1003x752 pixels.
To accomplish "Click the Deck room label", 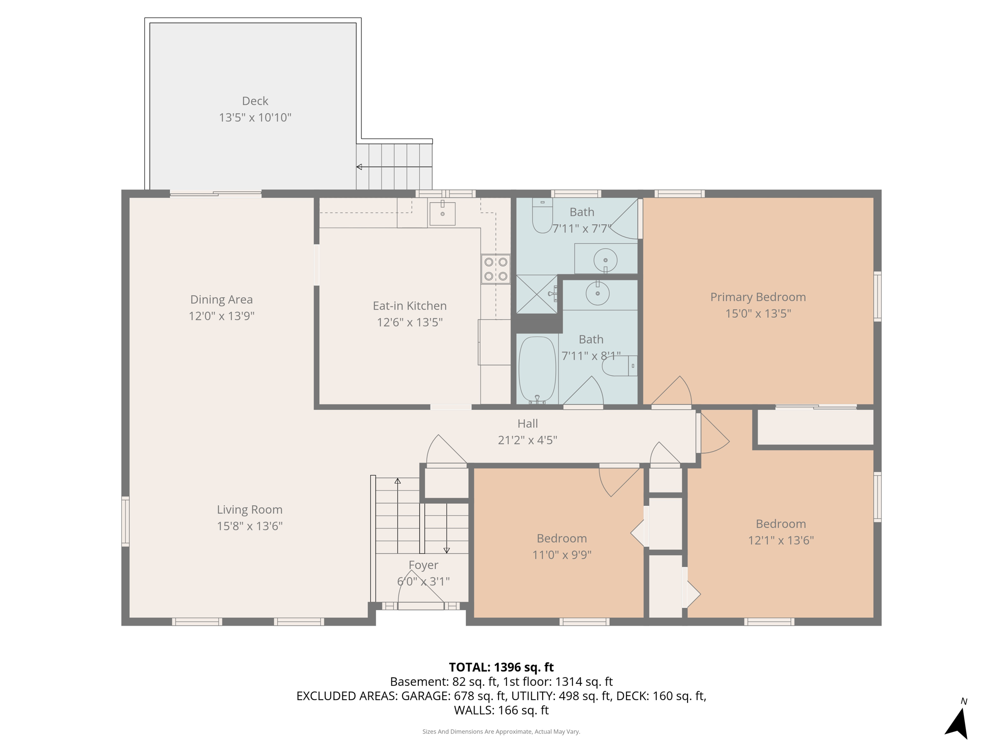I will (x=255, y=101).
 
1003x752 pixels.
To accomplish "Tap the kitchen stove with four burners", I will (x=495, y=269).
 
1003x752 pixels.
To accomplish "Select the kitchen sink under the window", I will (x=442, y=213).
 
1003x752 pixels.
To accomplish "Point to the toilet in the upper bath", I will (x=542, y=216).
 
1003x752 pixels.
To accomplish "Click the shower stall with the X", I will (x=537, y=294).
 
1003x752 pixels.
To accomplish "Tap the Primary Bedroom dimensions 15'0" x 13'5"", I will (x=758, y=313).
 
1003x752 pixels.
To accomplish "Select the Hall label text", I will (x=527, y=423).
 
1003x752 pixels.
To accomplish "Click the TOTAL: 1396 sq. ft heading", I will (x=501, y=667).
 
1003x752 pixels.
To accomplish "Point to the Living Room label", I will (x=249, y=510).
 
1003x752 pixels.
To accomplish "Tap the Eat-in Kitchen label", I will (x=409, y=306).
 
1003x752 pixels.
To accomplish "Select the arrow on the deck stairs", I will (x=359, y=167).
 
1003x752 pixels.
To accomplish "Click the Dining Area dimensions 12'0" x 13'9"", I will (x=221, y=316).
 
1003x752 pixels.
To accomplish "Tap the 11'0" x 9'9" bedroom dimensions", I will (x=562, y=555).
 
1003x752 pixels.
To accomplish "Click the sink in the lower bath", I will (x=597, y=294).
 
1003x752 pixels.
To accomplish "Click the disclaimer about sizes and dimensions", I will (x=501, y=731).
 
